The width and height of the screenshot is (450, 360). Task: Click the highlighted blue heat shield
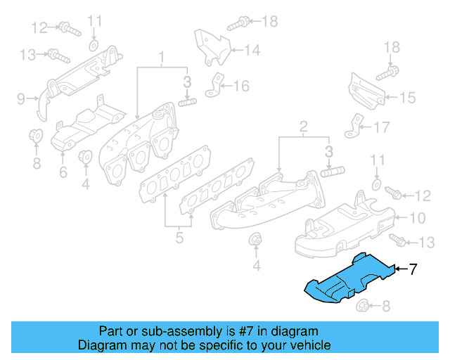pyautogui.click(x=348, y=279)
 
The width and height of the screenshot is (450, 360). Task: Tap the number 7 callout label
pyautogui.click(x=413, y=269)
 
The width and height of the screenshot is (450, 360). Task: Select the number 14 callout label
pyautogui.click(x=252, y=50)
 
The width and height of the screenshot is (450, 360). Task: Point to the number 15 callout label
pyautogui.click(x=409, y=98)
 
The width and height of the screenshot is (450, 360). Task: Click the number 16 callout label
pyautogui.click(x=241, y=86)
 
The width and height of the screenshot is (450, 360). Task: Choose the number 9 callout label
pyautogui.click(x=20, y=97)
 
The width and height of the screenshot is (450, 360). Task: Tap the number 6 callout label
pyautogui.click(x=63, y=171)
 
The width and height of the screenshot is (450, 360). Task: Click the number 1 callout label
pyautogui.click(x=161, y=56)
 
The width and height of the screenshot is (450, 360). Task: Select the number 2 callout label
pyautogui.click(x=303, y=127)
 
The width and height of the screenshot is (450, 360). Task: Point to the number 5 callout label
pyautogui.click(x=179, y=238)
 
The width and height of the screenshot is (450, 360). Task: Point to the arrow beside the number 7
pyautogui.click(x=401, y=269)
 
